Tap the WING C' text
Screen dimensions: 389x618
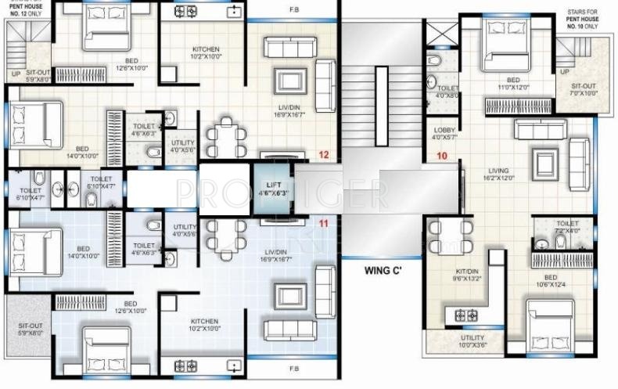coord(383,272)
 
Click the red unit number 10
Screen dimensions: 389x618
coord(442,156)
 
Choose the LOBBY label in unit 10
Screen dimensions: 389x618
coord(443,134)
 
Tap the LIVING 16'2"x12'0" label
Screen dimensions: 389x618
coord(498,175)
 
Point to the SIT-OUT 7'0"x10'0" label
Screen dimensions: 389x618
coord(584,88)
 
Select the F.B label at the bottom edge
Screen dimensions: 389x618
coord(294,369)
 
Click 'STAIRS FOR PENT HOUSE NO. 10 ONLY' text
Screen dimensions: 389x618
coord(587,17)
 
